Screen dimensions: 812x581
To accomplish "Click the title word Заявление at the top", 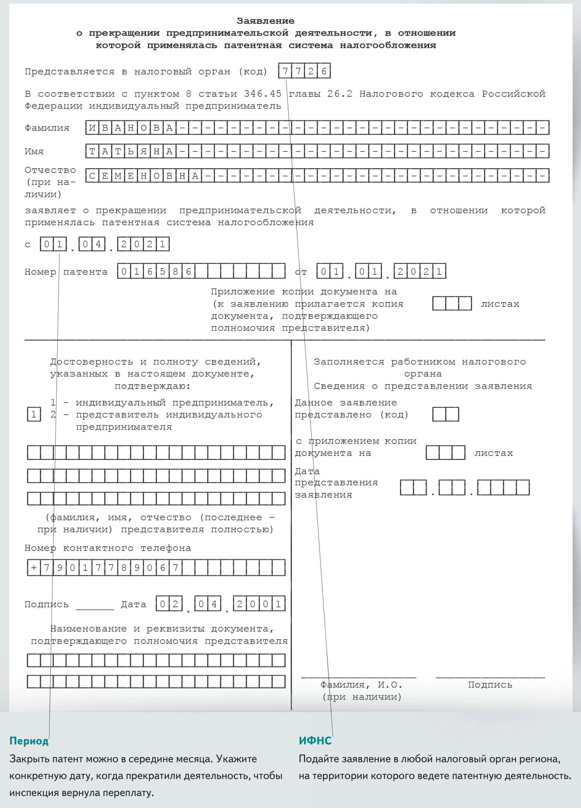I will click(x=265, y=21).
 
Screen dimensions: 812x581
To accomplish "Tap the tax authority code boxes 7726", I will click(x=304, y=71).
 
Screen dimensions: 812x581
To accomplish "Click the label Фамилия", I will click(x=47, y=128).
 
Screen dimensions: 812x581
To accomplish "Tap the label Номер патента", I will click(x=66, y=272).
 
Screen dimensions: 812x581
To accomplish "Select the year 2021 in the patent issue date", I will click(x=420, y=271).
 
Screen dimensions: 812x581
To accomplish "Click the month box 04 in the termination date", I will click(x=92, y=244).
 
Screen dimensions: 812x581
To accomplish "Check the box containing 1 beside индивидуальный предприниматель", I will click(x=34, y=415).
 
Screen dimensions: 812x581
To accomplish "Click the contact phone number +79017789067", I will click(x=104, y=568).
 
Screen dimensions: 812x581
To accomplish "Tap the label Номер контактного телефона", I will click(x=108, y=548).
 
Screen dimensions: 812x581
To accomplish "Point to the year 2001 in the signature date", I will click(x=259, y=604).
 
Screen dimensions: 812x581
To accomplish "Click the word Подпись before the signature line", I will click(x=46, y=605).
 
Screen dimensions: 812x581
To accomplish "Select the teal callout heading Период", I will click(x=29, y=741).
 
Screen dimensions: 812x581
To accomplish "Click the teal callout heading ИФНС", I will click(x=315, y=741).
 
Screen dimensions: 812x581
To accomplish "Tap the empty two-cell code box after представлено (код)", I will click(x=445, y=414).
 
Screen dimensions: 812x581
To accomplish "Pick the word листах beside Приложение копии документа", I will click(x=500, y=304).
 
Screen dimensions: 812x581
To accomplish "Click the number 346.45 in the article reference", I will click(x=262, y=94).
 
